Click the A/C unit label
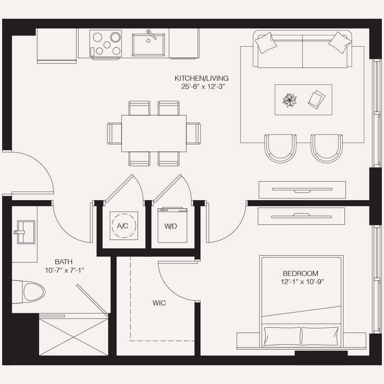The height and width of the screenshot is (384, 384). pyautogui.click(x=123, y=226)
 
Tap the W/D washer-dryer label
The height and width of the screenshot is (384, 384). pyautogui.click(x=171, y=226)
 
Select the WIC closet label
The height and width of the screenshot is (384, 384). pyautogui.click(x=159, y=303)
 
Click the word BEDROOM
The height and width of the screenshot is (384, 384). pyautogui.click(x=300, y=273)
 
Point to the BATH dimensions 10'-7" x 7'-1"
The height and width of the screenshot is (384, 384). pyautogui.click(x=64, y=270)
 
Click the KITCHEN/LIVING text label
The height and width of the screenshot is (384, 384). pyautogui.click(x=202, y=78)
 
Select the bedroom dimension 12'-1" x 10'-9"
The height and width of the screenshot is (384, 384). pyautogui.click(x=302, y=282)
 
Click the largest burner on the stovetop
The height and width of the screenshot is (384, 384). pyautogui.click(x=115, y=37)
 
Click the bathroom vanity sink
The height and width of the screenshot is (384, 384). pyautogui.click(x=26, y=232)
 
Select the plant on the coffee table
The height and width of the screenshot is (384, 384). pyautogui.click(x=289, y=100)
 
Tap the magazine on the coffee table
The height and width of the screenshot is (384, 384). pyautogui.click(x=316, y=99)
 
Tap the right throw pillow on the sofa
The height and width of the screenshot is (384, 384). pyautogui.click(x=340, y=42)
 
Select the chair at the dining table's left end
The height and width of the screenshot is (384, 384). pyautogui.click(x=115, y=133)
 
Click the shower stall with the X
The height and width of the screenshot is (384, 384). pyautogui.click(x=74, y=336)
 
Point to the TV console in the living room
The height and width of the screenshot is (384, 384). pyautogui.click(x=302, y=190)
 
